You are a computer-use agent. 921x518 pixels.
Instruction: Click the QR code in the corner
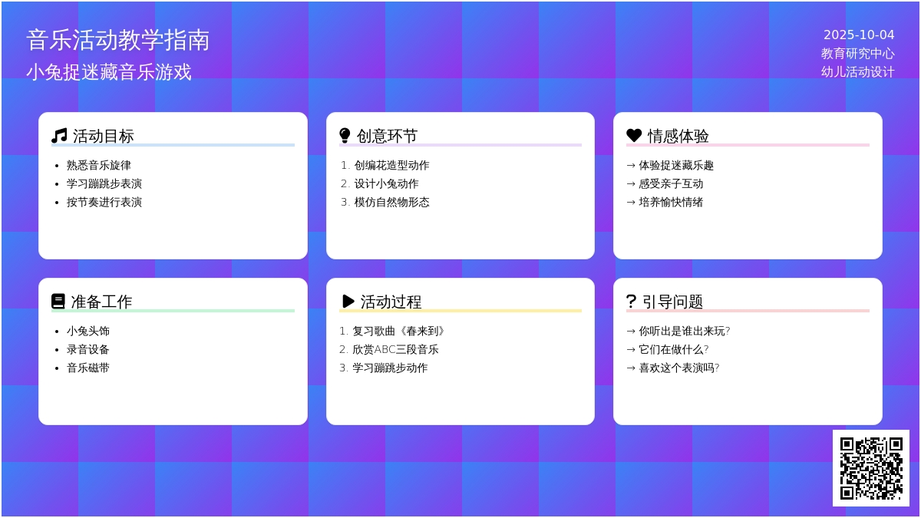tap(870, 467)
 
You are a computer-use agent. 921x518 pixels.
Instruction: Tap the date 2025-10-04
tap(859, 35)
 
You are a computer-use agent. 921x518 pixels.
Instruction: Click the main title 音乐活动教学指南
tap(118, 40)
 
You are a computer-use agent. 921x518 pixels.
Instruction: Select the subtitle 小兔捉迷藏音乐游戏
tap(109, 72)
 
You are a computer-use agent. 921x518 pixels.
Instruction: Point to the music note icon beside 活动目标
tap(59, 136)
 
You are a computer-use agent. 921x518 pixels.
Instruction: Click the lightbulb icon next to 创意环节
tap(345, 136)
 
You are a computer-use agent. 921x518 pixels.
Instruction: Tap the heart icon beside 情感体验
tap(634, 136)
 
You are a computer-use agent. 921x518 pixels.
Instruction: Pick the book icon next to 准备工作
tap(58, 302)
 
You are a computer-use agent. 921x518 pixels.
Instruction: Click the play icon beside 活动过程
tap(348, 302)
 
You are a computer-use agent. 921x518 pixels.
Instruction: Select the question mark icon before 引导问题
tap(632, 302)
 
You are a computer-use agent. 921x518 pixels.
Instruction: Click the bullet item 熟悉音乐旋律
tap(99, 165)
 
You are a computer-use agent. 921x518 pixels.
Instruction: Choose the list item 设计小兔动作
tap(386, 183)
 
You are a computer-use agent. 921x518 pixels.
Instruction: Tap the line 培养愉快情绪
tap(671, 202)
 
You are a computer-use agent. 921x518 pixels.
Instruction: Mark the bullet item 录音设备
tap(88, 349)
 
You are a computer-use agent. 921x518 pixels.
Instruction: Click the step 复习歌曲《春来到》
tap(398, 331)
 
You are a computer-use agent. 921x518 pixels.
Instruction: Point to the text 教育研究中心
tap(858, 54)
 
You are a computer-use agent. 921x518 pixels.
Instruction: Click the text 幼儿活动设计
tap(858, 72)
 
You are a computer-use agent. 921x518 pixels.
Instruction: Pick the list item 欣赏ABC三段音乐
tap(395, 349)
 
